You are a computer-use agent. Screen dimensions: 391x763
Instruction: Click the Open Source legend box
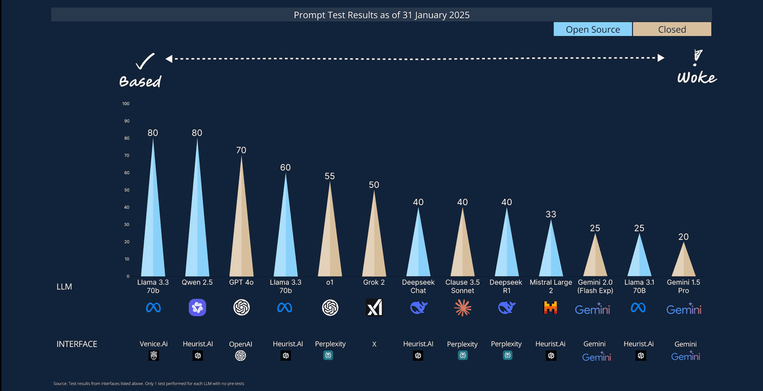pyautogui.click(x=593, y=30)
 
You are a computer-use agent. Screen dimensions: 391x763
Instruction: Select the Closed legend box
pyautogui.click(x=672, y=30)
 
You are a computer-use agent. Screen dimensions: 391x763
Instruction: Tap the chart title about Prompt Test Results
pyautogui.click(x=381, y=15)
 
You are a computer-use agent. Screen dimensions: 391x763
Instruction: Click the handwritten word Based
pyautogui.click(x=140, y=81)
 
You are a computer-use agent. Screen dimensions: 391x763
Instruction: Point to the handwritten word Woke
pyautogui.click(x=697, y=78)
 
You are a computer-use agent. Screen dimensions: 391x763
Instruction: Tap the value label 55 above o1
pyautogui.click(x=330, y=176)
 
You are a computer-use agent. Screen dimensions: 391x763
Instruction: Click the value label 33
pyautogui.click(x=551, y=214)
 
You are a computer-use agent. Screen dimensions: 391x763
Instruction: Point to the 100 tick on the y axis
pyautogui.click(x=126, y=104)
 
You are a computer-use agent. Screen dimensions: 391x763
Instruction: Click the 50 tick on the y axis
pyautogui.click(x=127, y=190)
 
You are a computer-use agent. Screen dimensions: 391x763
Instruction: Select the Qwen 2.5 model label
pyautogui.click(x=197, y=282)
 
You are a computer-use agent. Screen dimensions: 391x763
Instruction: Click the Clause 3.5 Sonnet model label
pyautogui.click(x=463, y=286)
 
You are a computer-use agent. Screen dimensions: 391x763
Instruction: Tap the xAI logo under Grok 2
pyautogui.click(x=374, y=308)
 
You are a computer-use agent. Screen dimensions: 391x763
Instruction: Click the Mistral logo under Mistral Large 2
pyautogui.click(x=550, y=308)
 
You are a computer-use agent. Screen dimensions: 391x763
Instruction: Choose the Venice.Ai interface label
pyautogui.click(x=154, y=344)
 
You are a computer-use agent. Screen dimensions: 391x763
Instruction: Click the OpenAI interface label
pyautogui.click(x=240, y=344)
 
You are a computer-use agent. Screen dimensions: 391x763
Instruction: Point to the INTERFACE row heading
pyautogui.click(x=77, y=344)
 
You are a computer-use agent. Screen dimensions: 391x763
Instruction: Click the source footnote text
pyautogui.click(x=149, y=383)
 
